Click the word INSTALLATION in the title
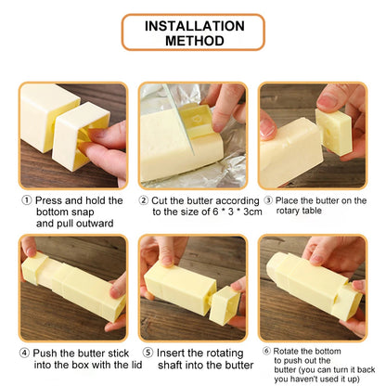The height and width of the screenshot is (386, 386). pyautogui.click(x=192, y=25)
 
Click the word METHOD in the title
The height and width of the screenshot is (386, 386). pyautogui.click(x=192, y=41)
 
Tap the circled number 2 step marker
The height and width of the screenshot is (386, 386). pyautogui.click(x=144, y=200)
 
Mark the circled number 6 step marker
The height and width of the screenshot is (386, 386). pyautogui.click(x=266, y=350)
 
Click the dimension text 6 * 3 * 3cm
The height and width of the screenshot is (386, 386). pyautogui.click(x=205, y=212)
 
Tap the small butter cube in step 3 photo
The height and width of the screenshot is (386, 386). pyautogui.click(x=333, y=133)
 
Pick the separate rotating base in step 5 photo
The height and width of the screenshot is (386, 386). pyautogui.click(x=224, y=305)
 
